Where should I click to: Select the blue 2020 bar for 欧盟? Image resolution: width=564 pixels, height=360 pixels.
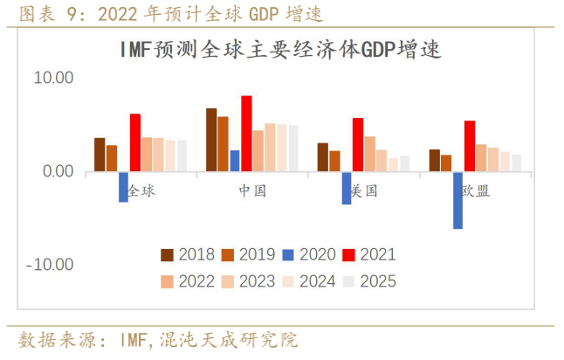pos(457,200)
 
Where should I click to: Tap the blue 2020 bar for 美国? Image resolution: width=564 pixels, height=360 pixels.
pos(347,188)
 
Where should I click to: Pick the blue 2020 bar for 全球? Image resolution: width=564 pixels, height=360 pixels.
pos(123,187)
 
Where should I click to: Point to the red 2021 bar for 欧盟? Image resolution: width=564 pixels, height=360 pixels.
pos(470,146)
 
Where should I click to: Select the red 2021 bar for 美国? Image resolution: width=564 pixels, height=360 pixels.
pos(358,145)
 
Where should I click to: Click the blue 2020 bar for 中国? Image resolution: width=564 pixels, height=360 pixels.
pos(235,161)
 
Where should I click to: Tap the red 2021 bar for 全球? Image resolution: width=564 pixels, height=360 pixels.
pos(135,142)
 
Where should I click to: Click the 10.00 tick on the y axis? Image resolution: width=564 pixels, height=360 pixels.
pos(54,78)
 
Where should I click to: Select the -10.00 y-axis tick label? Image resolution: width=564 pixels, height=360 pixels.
pos(52,265)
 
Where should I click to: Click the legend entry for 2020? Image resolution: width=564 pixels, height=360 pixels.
pos(307,255)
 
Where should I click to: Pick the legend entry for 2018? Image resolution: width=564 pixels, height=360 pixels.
pos(187,255)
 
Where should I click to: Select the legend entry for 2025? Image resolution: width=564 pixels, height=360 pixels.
pos(368,281)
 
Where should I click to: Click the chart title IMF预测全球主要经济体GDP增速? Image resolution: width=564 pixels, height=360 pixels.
pos(280,50)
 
